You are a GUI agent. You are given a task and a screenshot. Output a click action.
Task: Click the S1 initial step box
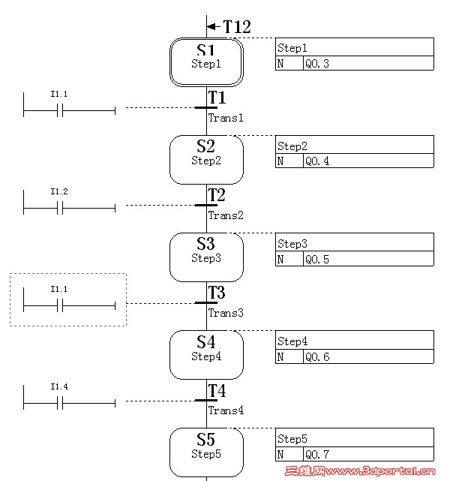tap(206, 62)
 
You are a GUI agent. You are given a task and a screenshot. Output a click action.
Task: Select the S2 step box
tap(206, 159)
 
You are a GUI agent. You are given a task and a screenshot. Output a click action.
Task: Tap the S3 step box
tap(206, 257)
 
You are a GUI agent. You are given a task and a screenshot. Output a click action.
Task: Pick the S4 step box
tap(206, 354)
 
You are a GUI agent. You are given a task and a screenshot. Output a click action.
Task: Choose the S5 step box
tap(206, 451)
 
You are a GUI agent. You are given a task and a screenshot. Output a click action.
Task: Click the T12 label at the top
tap(236, 27)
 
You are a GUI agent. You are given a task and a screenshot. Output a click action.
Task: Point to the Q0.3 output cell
tap(367, 64)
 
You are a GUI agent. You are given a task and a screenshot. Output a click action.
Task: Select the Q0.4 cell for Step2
tap(367, 161)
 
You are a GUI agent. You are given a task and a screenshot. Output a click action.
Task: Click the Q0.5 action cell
tap(367, 259)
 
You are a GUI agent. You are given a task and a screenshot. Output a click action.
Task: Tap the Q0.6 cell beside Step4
tap(367, 357)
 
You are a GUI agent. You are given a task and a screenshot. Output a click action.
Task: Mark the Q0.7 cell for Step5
tap(367, 455)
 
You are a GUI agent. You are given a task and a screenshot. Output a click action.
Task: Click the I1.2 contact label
tap(59, 191)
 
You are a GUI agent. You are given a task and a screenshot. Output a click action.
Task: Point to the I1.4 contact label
tap(59, 386)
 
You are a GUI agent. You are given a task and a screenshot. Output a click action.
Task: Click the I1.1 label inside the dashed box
tap(59, 289)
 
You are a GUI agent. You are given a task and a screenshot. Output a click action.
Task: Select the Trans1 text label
tap(226, 118)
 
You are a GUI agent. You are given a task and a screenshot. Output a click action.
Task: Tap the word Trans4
tap(226, 410)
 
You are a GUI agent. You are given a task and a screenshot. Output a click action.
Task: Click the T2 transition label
tap(217, 195)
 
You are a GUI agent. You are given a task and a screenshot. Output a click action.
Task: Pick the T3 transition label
tap(217, 293)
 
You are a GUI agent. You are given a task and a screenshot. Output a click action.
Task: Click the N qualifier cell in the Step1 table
tap(280, 64)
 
